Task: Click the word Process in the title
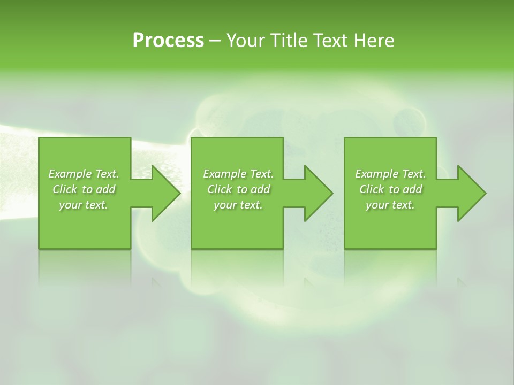pyautogui.click(x=168, y=41)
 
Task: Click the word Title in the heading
pyautogui.click(x=286, y=41)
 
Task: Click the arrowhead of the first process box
pyautogui.click(x=165, y=193)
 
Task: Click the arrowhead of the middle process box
pyautogui.click(x=318, y=193)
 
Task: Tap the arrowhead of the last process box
pyautogui.click(x=471, y=193)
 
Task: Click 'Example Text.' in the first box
pyautogui.click(x=84, y=174)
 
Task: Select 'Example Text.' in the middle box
pyautogui.click(x=238, y=174)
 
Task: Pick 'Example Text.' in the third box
pyautogui.click(x=390, y=174)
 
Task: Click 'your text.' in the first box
pyautogui.click(x=84, y=205)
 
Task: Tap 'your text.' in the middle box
pyautogui.click(x=238, y=205)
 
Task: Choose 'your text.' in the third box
pyautogui.click(x=390, y=205)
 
